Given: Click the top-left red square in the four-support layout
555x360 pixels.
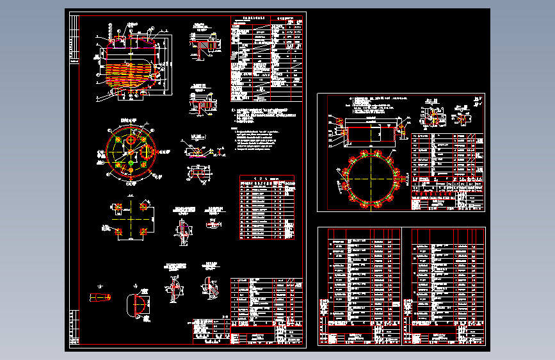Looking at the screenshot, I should point(117,206).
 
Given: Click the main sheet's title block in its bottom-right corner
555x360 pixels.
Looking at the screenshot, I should point(266,334).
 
